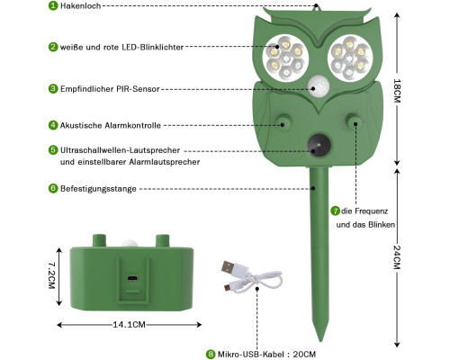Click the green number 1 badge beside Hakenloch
pos(53,5)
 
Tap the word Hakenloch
pos(80,5)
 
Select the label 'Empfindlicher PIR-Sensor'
pos(110,89)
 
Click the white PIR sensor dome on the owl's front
pos(319,86)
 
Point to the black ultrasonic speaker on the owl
pos(319,145)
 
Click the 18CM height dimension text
pos(397,91)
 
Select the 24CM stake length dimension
pos(397,257)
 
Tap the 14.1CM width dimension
pos(129,325)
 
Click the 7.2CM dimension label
pos(51,275)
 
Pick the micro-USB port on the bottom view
pos(132,278)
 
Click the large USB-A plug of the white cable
pos(229,266)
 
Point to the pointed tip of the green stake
pos(320,339)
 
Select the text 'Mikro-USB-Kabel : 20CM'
pos(266,355)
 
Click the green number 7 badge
pos(335,211)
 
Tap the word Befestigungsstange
pos(98,189)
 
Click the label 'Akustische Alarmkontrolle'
pos(111,125)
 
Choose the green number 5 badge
pos(53,150)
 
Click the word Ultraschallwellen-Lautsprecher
pos(120,150)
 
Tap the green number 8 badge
pos(211,355)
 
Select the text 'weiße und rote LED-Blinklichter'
pos(121,47)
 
